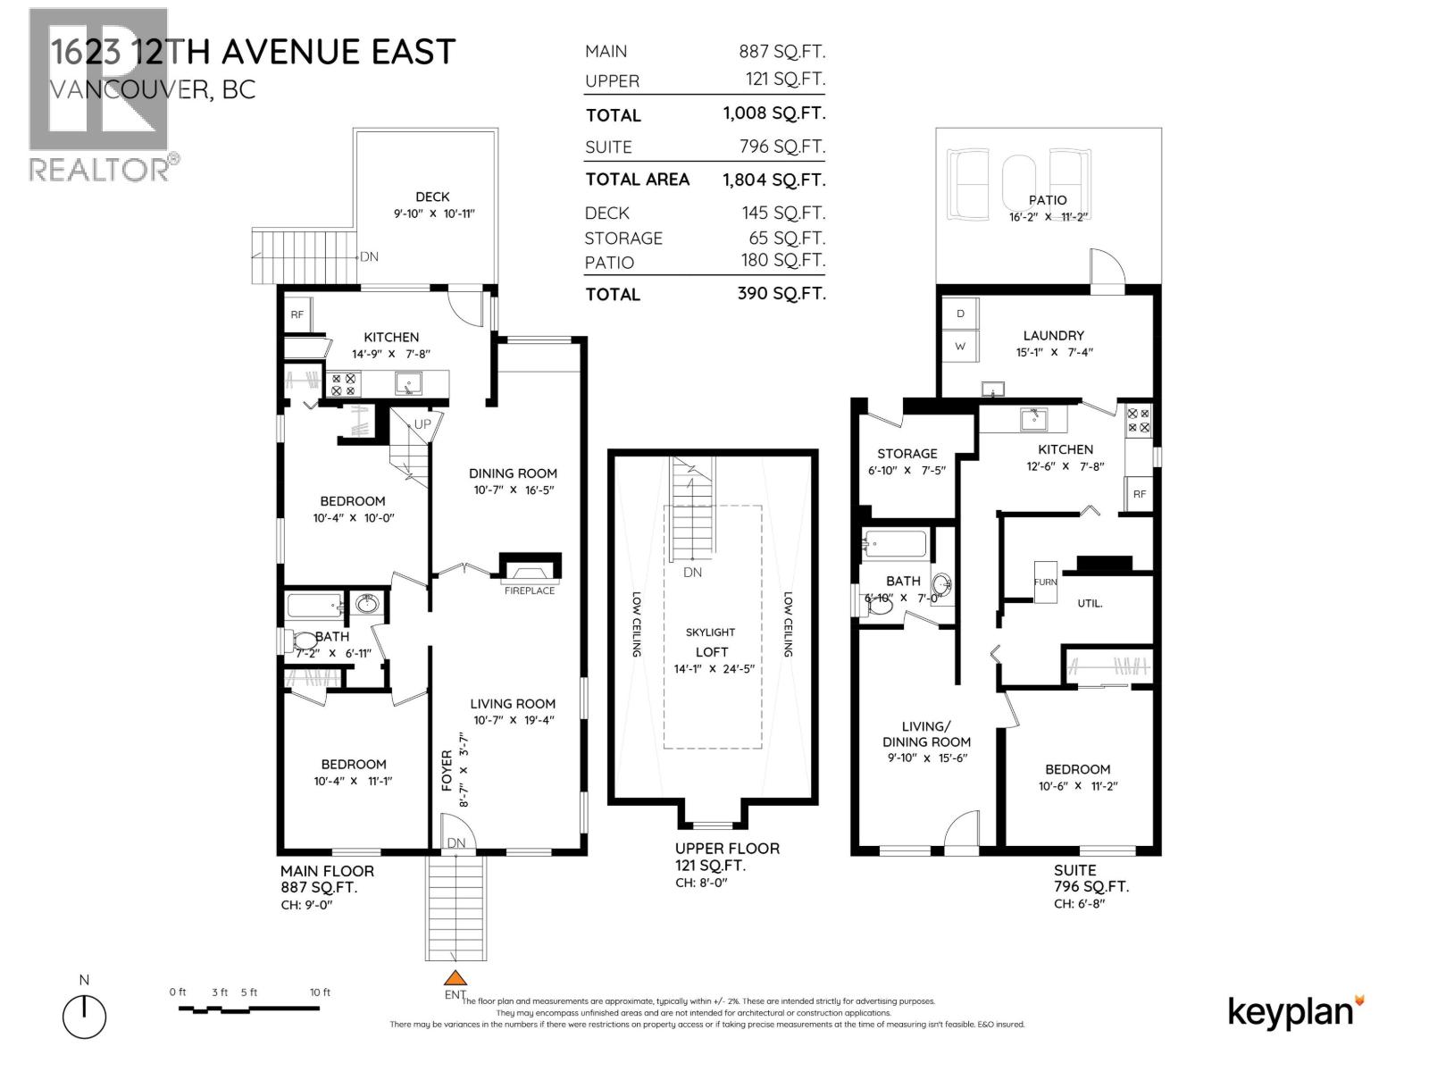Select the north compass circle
point(84,1017)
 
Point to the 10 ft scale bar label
point(320,992)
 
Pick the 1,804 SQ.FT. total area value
point(773,180)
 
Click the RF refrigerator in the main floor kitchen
point(297,314)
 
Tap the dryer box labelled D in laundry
point(960,314)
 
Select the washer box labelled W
point(960,346)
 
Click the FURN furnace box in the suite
point(1045,582)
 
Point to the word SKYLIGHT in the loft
point(710,632)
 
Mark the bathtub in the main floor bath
point(313,607)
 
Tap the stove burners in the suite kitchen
point(1139,420)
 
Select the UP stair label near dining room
point(422,424)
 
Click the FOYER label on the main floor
point(447,770)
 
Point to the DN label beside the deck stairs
point(369,256)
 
